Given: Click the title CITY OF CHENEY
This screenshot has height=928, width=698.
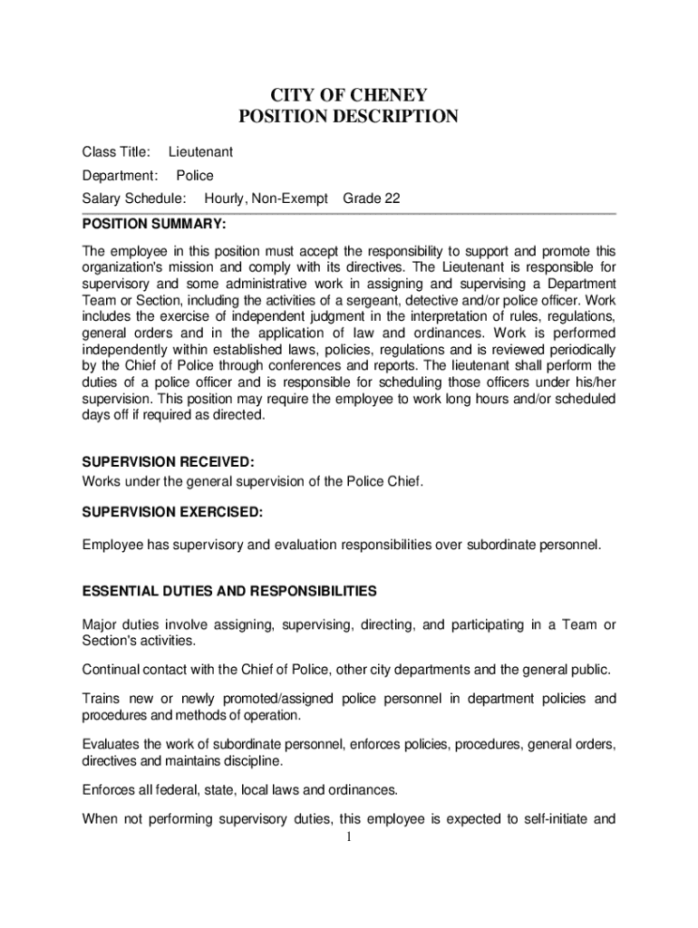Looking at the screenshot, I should coord(349,95).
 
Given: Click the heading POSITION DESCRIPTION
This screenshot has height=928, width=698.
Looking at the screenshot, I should coord(349,117).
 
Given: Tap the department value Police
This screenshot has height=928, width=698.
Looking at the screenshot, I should coord(195,175).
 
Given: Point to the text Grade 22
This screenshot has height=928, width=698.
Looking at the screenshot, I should coord(372,198).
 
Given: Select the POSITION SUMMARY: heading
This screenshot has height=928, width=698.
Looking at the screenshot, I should coord(154,223).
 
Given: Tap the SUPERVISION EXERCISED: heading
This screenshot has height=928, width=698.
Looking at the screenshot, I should coord(172,512).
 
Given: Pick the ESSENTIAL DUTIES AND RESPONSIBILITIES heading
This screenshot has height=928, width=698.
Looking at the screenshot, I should coord(229,591).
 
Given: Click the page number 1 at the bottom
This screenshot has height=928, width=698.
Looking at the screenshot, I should coord(348,836).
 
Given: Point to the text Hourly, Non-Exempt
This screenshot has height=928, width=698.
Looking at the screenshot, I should coord(266,198).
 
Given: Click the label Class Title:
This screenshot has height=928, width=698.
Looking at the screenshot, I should coord(116,152).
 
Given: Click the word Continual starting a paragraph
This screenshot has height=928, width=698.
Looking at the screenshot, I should coord(110,670).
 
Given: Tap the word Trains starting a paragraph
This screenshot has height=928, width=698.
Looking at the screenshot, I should coord(101,699).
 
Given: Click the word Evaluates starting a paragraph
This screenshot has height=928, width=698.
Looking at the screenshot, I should coord(112,744).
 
